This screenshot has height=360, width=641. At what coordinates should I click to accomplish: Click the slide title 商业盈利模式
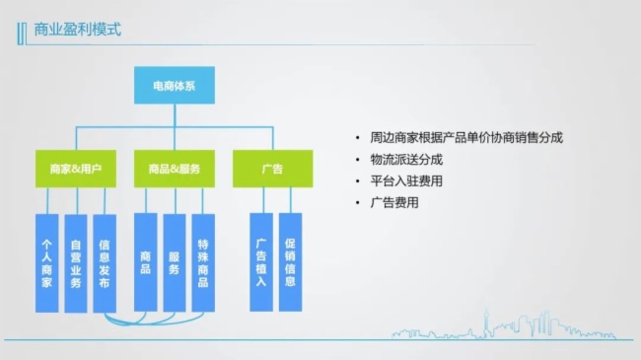click(77, 29)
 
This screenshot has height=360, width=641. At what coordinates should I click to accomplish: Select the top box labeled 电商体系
click(174, 87)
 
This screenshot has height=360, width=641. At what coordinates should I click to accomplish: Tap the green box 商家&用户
click(76, 169)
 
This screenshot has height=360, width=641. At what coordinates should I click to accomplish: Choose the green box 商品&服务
click(174, 169)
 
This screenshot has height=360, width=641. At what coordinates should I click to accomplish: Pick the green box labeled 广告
click(272, 169)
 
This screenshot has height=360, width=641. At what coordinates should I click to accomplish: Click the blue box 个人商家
click(46, 262)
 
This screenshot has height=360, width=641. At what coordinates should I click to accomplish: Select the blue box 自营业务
click(76, 262)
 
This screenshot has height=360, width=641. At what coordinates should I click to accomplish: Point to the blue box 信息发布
click(105, 262)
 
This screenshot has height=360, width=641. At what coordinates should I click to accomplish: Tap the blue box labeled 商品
click(145, 262)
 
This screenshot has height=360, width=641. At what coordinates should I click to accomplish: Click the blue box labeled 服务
click(174, 262)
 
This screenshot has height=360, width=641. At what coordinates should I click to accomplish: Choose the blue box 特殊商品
click(203, 262)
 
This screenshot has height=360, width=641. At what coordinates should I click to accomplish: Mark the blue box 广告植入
click(261, 262)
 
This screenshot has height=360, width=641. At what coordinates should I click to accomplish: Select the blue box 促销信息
click(290, 262)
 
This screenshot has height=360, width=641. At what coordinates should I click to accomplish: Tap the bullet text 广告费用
click(394, 202)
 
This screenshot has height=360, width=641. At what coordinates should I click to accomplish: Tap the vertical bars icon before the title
click(22, 30)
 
